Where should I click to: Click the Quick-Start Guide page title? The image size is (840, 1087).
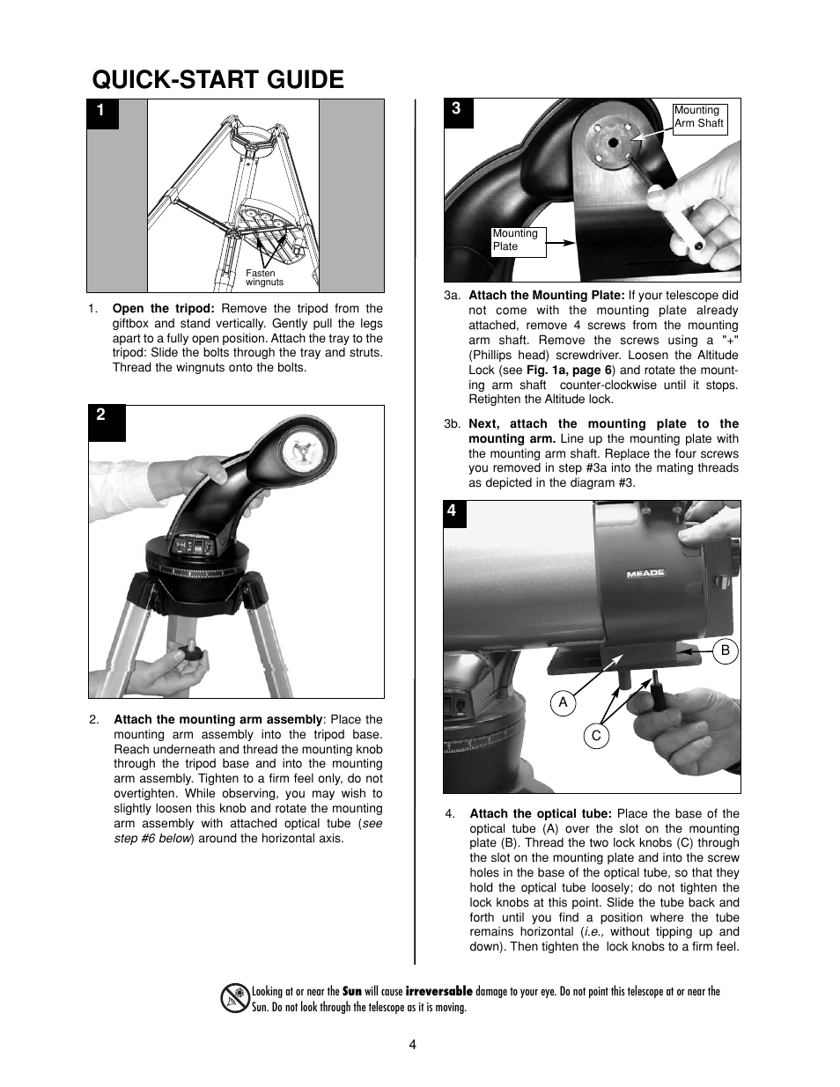(x=217, y=79)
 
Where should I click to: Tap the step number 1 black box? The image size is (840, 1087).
(x=102, y=112)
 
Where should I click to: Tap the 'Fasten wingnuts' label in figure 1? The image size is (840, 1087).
(x=263, y=278)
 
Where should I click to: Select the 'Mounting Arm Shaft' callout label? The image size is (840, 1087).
(x=698, y=117)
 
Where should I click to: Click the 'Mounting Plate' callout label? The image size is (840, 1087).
(x=518, y=240)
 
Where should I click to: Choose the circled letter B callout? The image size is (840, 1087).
(x=726, y=650)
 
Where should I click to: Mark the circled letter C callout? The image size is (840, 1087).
(x=596, y=736)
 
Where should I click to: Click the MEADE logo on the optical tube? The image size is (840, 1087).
(x=645, y=574)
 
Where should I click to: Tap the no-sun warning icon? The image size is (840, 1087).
(x=235, y=998)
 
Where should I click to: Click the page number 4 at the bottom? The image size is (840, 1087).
(x=412, y=1045)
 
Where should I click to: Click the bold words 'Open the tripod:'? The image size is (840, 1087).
(x=163, y=309)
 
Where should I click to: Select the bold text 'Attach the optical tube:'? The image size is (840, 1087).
(x=541, y=813)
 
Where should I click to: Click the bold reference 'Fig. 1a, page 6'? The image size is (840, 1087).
(x=569, y=371)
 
